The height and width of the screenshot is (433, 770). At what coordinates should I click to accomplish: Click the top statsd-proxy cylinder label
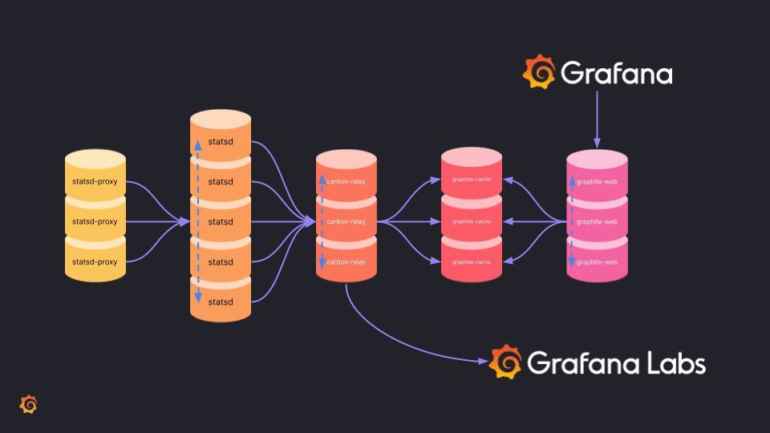coord(95,181)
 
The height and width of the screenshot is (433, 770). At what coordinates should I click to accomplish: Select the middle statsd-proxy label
coord(95,221)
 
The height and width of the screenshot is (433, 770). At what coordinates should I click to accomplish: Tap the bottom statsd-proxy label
coord(95,262)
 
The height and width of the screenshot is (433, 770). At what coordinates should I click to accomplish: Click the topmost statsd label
coord(221,141)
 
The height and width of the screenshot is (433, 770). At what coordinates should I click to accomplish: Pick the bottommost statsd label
coord(221,301)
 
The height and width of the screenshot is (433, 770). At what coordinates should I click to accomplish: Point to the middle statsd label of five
coord(221,221)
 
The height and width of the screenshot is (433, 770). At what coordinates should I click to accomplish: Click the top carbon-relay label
coord(346,181)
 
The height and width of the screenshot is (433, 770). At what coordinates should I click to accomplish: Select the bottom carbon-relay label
coord(346,262)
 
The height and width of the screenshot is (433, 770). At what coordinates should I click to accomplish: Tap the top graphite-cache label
coord(472,180)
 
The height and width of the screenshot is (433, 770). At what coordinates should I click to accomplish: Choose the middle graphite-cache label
coord(472,221)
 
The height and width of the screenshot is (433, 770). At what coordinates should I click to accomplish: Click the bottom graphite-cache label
coord(472,262)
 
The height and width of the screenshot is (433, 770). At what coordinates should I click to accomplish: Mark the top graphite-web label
coord(597,181)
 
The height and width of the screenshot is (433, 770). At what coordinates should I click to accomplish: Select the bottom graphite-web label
coord(597,262)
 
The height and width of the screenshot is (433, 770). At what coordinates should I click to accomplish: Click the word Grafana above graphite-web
coord(616,74)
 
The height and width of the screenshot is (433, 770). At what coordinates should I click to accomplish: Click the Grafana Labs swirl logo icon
coord(505,362)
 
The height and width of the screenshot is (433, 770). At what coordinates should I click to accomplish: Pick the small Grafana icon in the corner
coord(28,404)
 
